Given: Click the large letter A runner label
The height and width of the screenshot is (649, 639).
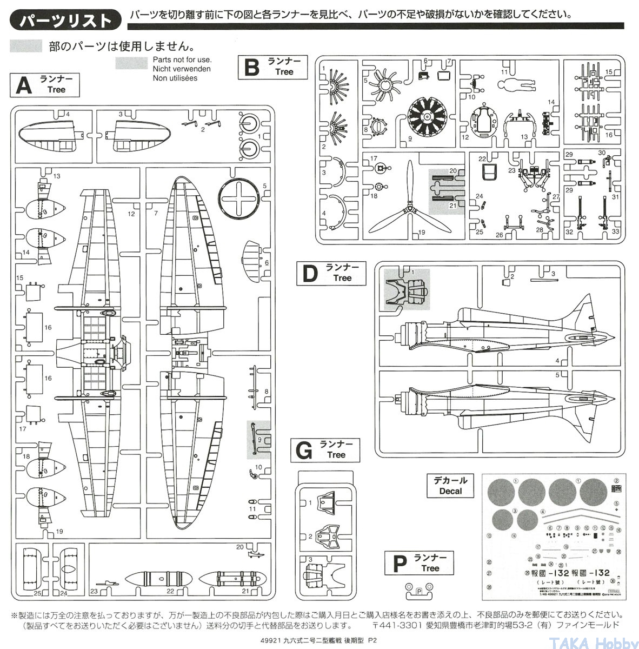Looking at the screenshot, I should pyautogui.click(x=23, y=85).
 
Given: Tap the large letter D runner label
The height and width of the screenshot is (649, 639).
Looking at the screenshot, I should pyautogui.click(x=310, y=274).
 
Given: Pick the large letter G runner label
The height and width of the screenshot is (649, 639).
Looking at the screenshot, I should pyautogui.click(x=304, y=451).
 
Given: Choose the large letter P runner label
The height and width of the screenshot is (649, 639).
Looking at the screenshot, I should pyautogui.click(x=399, y=564).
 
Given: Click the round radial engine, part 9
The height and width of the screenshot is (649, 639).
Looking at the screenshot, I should pyautogui.click(x=427, y=117).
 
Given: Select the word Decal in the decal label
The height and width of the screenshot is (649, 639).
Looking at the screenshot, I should pyautogui.click(x=450, y=491).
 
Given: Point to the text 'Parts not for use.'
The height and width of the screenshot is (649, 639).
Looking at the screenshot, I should pyautogui.click(x=182, y=60).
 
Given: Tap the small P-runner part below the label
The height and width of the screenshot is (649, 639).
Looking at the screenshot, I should pyautogui.click(x=418, y=591).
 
